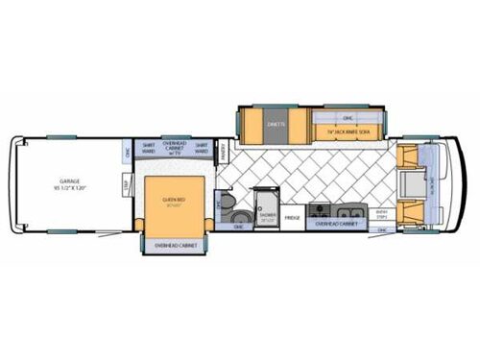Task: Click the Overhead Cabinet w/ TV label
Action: (173, 148)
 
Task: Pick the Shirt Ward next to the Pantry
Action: (202, 148)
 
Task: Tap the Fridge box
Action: (293, 219)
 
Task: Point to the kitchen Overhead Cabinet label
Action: (336, 223)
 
